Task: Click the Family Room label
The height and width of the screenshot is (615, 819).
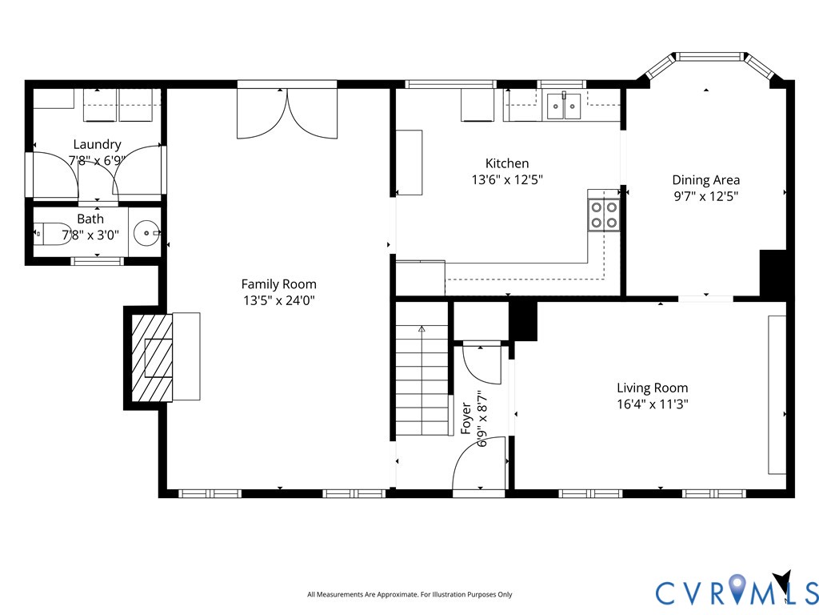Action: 279,284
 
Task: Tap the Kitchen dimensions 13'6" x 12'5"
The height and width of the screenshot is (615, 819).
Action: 507,180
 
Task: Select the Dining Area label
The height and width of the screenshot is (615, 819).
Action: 705,180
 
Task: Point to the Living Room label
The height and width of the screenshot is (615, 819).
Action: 653,388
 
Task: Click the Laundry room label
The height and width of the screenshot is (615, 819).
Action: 97,144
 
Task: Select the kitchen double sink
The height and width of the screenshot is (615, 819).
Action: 564,107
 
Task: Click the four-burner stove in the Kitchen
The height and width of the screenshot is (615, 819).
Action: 604,215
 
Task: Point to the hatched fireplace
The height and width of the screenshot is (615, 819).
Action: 151,358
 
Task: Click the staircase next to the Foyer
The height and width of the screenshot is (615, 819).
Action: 422,380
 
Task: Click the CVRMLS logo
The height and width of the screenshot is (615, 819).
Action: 737,592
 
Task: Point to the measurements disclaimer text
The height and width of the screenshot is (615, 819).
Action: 409,595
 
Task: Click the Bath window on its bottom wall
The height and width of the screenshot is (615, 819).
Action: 97,261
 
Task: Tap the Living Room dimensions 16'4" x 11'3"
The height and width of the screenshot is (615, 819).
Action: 653,404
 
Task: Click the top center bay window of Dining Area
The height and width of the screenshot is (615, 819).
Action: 709,56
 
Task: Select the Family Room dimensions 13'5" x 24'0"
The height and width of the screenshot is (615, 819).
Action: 279,301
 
